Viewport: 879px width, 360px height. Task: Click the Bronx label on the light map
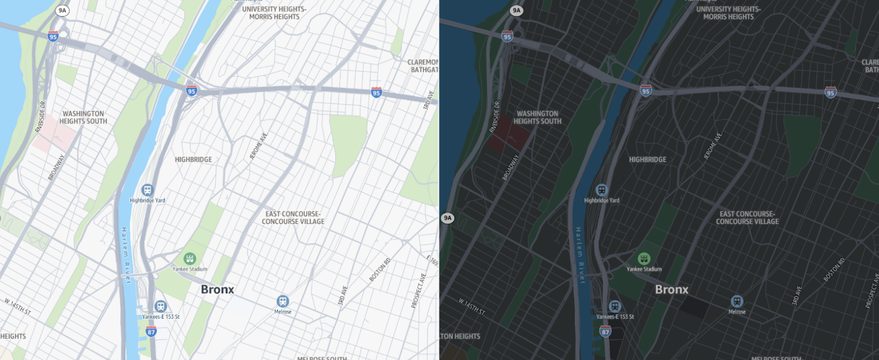pyautogui.click(x=217, y=289)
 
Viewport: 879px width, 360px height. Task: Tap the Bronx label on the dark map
pyautogui.click(x=672, y=289)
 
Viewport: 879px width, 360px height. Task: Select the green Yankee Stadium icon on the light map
pyautogui.click(x=189, y=258)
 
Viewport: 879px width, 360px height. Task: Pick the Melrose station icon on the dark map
pyautogui.click(x=737, y=301)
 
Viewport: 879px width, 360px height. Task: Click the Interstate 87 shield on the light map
pyautogui.click(x=151, y=331)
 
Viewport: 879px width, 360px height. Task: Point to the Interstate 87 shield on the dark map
pyautogui.click(x=605, y=331)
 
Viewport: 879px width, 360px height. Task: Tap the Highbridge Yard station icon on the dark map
pyautogui.click(x=602, y=190)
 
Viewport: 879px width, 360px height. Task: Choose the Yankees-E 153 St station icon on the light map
pyautogui.click(x=160, y=306)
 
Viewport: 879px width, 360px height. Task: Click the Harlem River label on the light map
pyautogui.click(x=126, y=255)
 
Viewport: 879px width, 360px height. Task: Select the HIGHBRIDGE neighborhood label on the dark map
pyautogui.click(x=647, y=160)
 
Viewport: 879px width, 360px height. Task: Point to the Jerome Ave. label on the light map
pyautogui.click(x=258, y=146)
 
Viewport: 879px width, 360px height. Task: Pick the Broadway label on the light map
pyautogui.click(x=57, y=167)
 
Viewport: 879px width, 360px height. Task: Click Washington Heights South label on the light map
pyautogui.click(x=83, y=117)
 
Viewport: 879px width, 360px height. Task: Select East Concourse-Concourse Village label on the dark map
pyautogui.click(x=747, y=218)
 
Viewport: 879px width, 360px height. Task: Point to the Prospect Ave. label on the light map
pyautogui.click(x=419, y=290)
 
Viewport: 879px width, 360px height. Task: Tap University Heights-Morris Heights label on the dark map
pyautogui.click(x=728, y=13)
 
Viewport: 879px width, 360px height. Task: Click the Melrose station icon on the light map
pyautogui.click(x=282, y=301)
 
